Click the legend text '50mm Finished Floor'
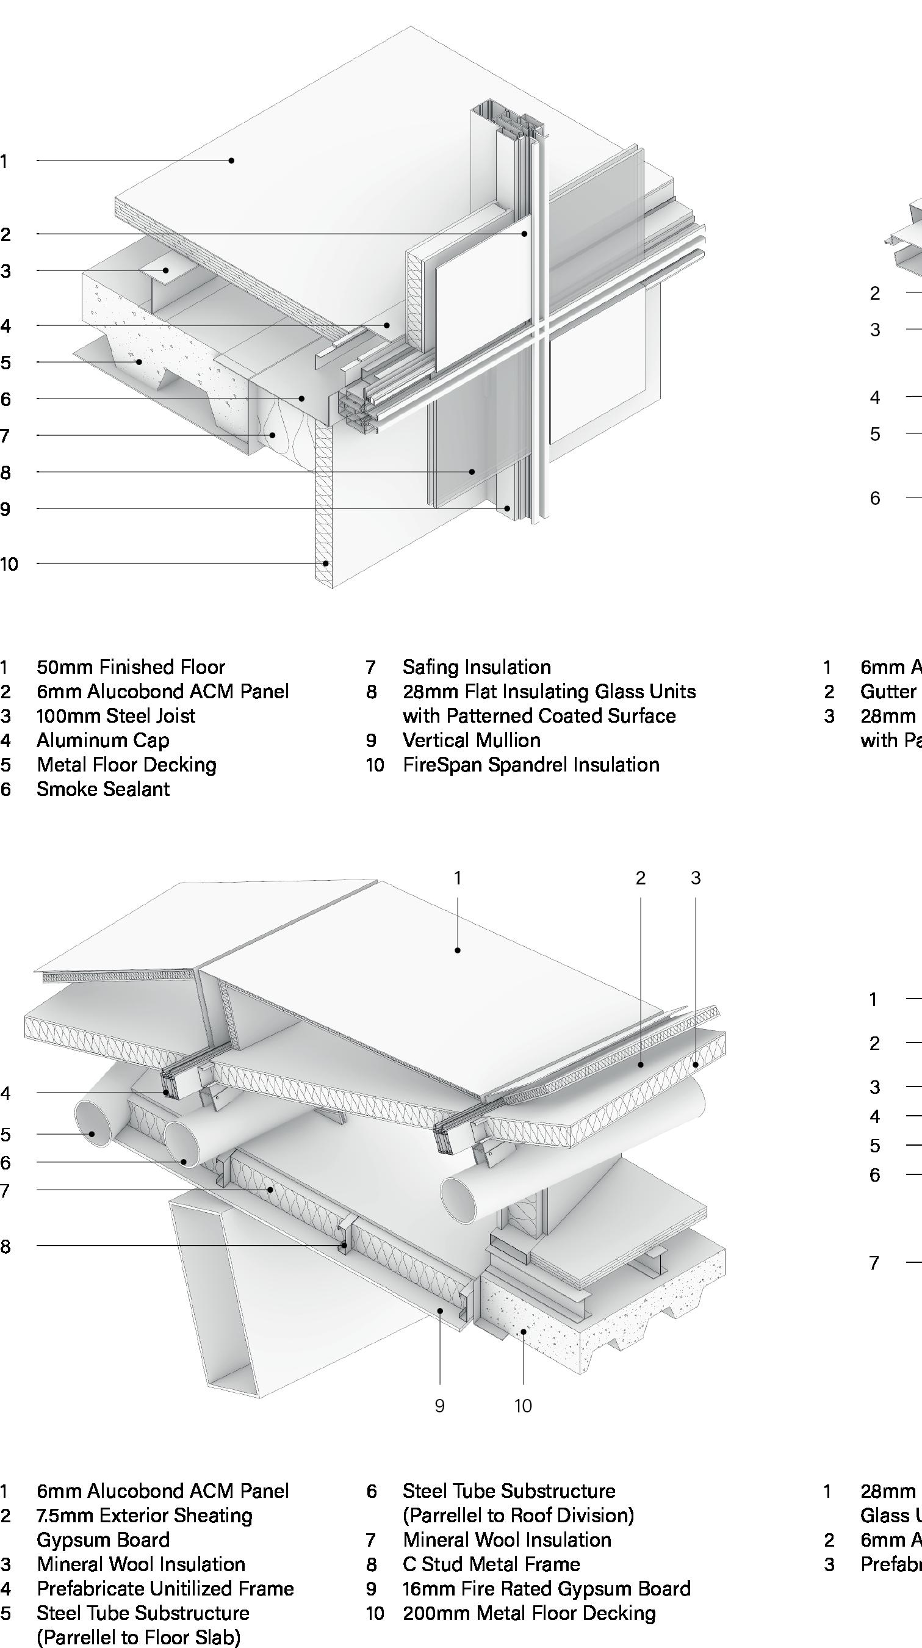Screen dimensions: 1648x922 point(131,667)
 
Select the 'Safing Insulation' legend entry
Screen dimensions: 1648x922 point(477,667)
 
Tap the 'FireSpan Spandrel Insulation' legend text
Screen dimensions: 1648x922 point(531,765)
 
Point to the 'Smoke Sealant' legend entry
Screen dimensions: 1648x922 point(103,789)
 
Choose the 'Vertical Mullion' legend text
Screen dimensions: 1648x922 point(471,740)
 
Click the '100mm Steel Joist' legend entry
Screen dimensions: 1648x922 point(116,716)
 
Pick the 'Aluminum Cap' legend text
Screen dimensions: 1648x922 point(103,740)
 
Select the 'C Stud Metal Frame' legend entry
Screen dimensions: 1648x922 point(491,1564)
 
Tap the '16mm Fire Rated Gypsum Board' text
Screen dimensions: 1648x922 point(547,1589)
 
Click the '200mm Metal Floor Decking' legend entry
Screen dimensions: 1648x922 point(529,1613)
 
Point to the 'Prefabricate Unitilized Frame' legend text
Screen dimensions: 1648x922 point(165,1589)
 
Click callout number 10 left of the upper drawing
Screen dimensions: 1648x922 point(9,564)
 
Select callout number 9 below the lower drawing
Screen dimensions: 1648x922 point(439,1406)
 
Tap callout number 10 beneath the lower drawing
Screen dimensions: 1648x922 point(523,1406)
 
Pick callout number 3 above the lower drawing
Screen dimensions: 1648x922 point(696,878)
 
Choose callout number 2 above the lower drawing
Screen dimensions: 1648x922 point(641,878)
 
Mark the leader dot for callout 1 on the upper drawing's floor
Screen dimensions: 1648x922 point(231,161)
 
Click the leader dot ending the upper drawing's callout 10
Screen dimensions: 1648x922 point(325,563)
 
